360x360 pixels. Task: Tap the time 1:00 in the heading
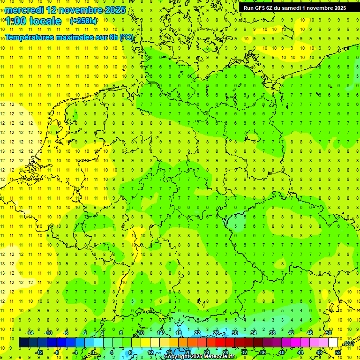tap(15, 21)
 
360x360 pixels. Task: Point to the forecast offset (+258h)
tap(83, 21)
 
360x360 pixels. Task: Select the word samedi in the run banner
tap(293, 8)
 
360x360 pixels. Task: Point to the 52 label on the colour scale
tap(338, 352)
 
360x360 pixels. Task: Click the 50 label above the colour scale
tap(329, 333)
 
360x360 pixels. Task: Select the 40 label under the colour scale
tap(282, 352)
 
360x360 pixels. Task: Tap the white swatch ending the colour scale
tap(333, 343)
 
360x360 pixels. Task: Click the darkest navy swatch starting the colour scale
tap(23, 343)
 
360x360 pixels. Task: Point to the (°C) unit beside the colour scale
tap(349, 343)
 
